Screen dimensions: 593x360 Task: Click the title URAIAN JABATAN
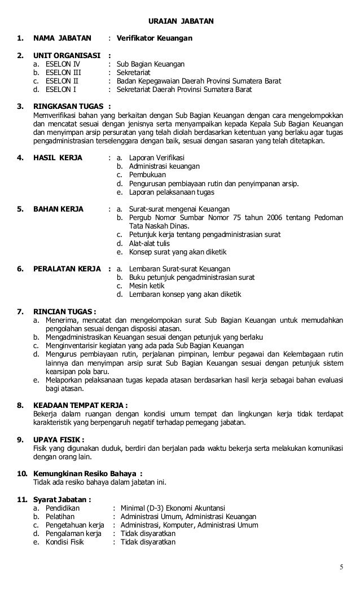pos(180,21)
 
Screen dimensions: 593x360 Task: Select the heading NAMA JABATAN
pos(62,38)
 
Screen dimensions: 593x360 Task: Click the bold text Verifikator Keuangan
pos(154,38)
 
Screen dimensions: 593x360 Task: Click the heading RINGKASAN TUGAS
pos(68,106)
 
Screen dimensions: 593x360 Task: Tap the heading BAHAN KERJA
pos(58,209)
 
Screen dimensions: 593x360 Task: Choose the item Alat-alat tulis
pos(151,243)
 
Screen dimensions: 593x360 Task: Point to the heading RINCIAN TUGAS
pos(64,311)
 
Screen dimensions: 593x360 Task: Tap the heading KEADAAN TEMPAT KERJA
pos(80,405)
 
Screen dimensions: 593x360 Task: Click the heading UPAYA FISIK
pos(59,440)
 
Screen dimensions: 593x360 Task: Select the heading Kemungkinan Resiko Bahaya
pos(84,473)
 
